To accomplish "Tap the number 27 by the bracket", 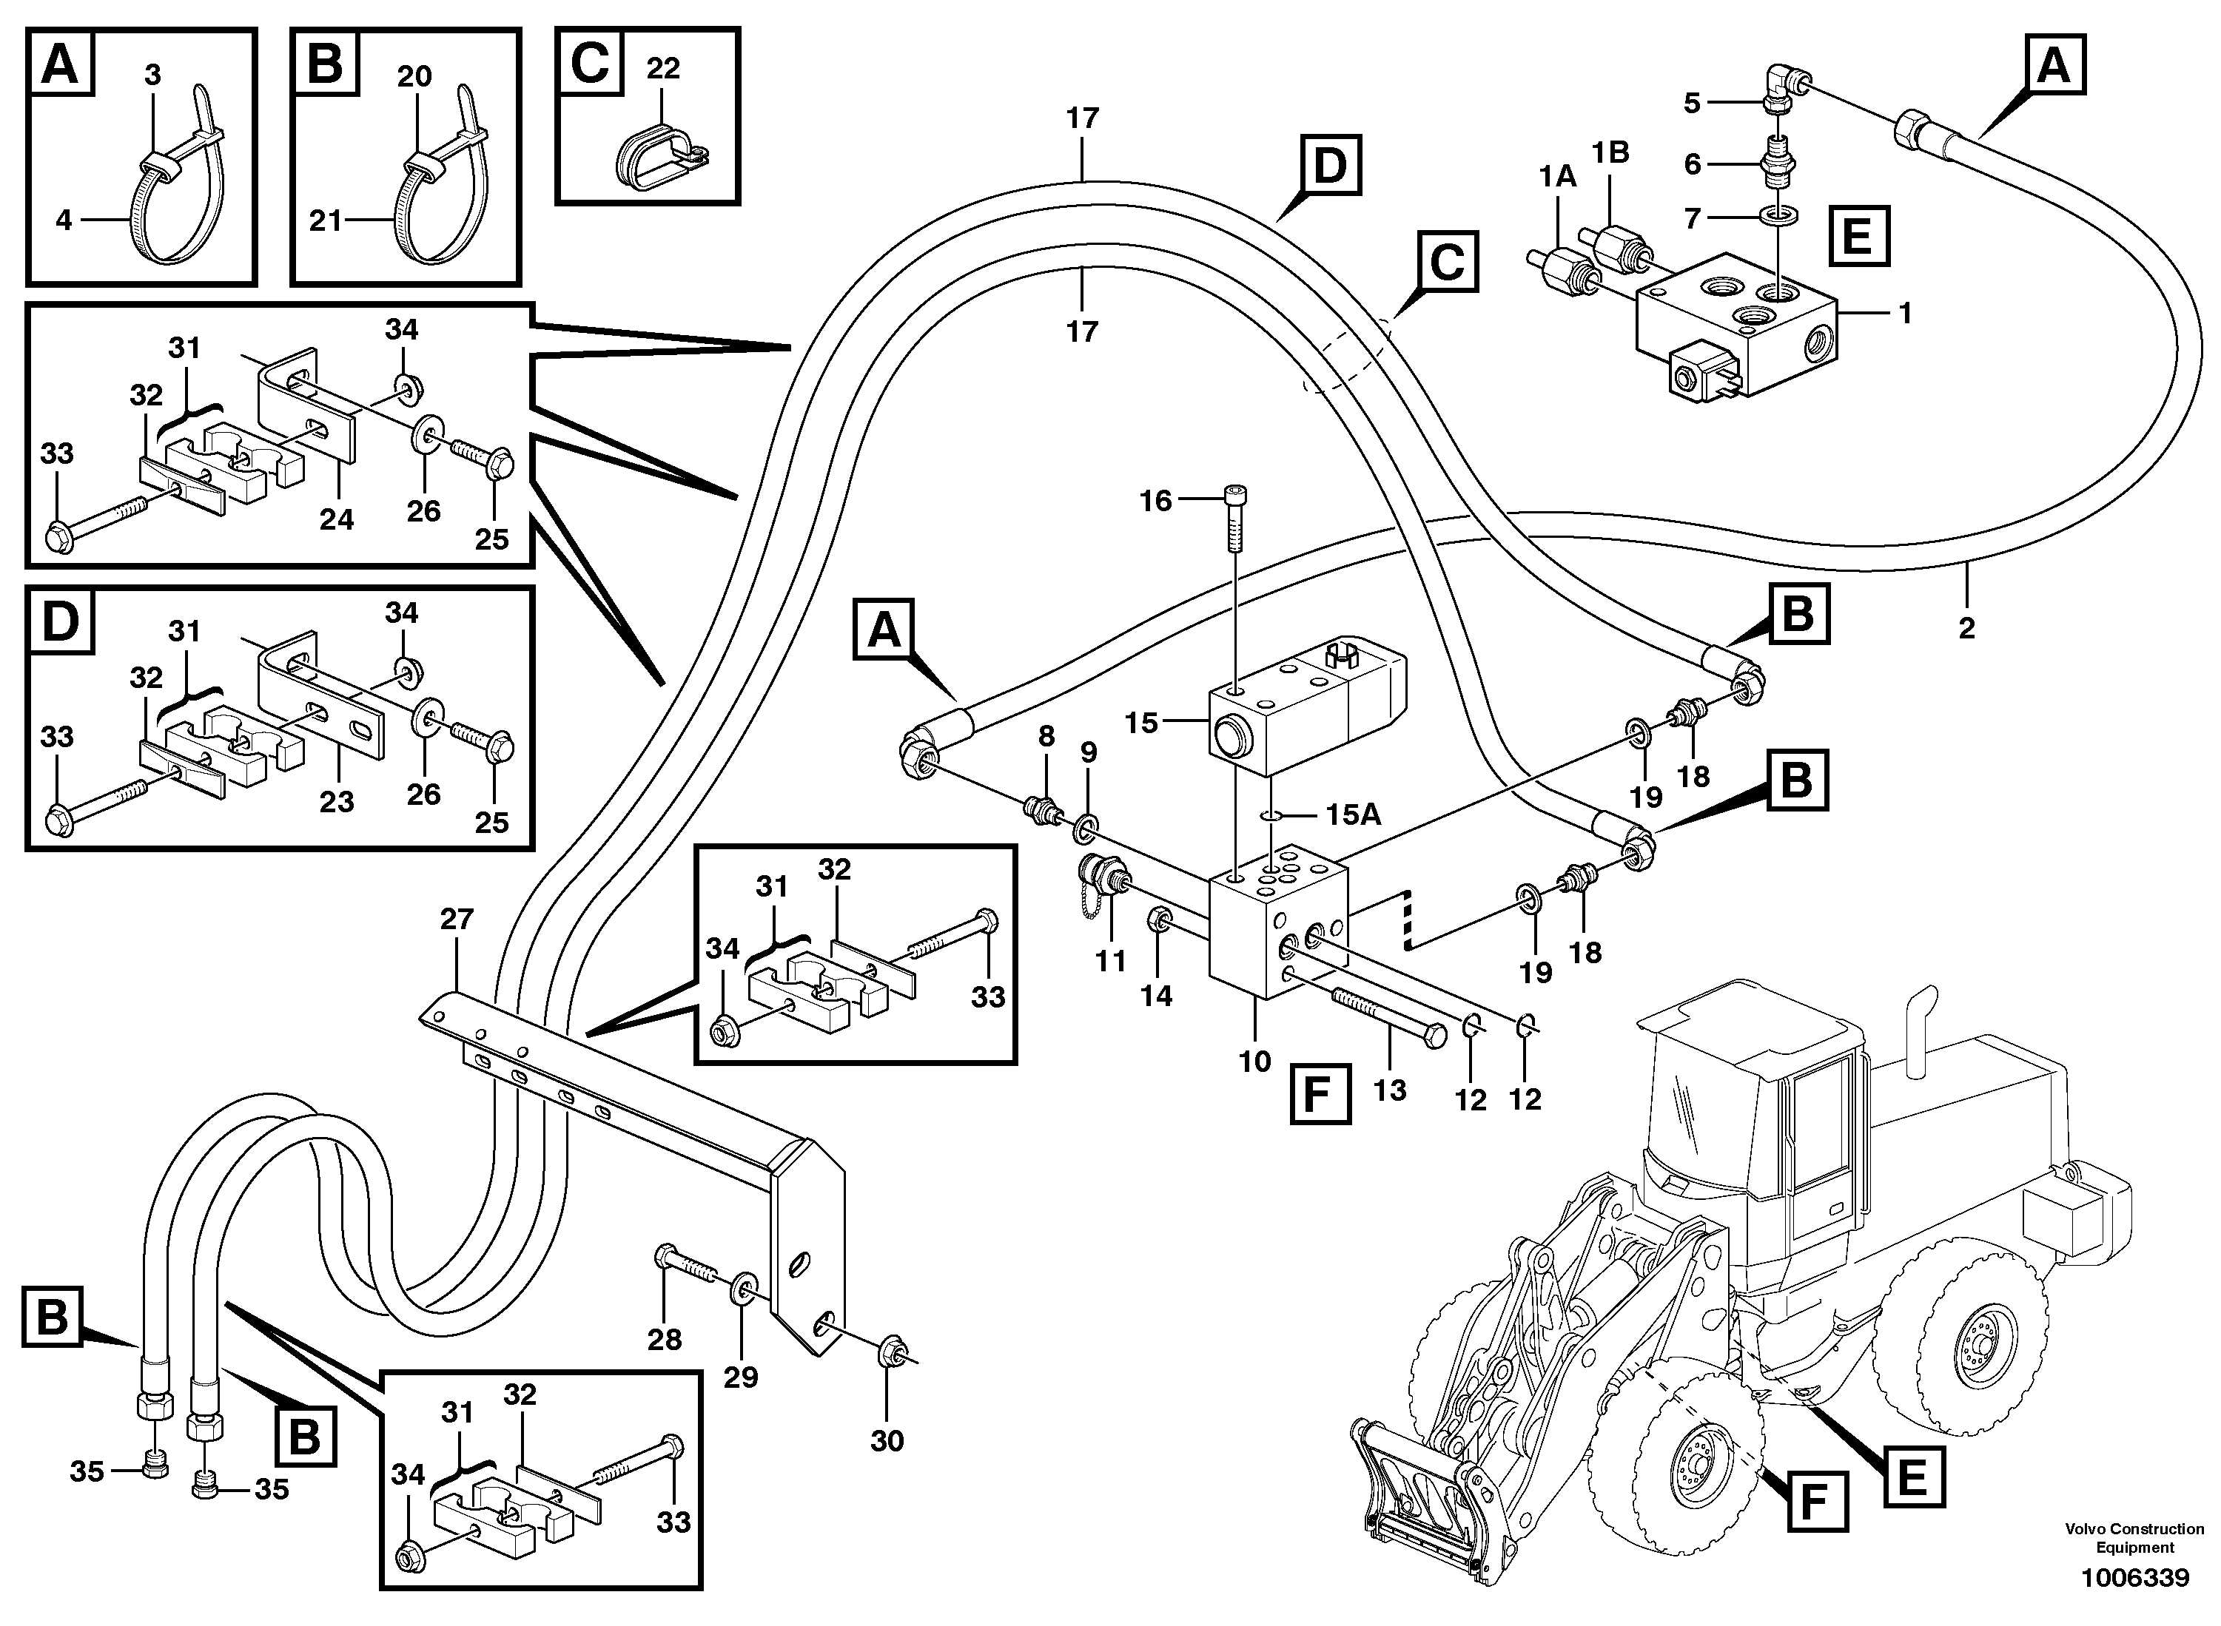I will (457, 920).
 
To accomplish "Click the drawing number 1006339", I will (2134, 1579).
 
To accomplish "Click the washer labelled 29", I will (745, 1287).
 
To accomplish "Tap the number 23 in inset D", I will (337, 801).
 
